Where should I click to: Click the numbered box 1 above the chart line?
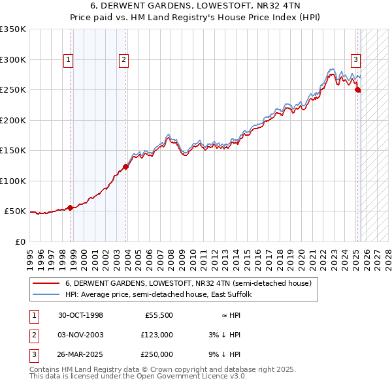69,60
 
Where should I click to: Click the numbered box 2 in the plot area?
123,60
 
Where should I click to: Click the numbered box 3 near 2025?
356,60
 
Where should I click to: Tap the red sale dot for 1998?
71,208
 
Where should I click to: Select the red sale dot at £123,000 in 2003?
126,167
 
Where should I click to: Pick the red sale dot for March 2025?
358,90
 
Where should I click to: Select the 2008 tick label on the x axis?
171,254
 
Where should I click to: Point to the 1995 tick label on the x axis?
30,254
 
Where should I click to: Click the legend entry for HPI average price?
162,295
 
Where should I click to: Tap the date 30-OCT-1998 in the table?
80,315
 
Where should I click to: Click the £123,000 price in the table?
157,335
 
